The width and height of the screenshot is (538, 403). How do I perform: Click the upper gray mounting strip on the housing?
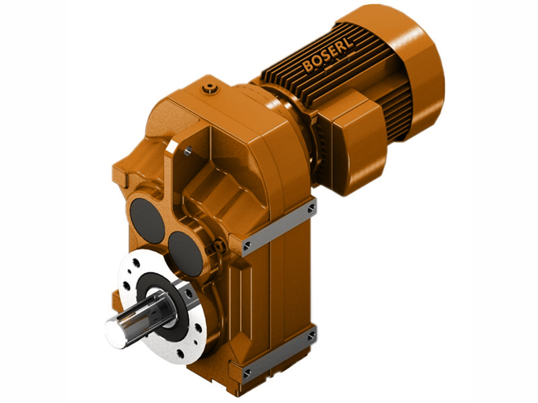(x=278, y=225)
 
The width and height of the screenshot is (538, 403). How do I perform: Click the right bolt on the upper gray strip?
(x=311, y=209)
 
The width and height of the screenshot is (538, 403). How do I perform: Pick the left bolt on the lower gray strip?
(x=245, y=371)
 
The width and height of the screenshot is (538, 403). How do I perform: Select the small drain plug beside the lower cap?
(x=213, y=249)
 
